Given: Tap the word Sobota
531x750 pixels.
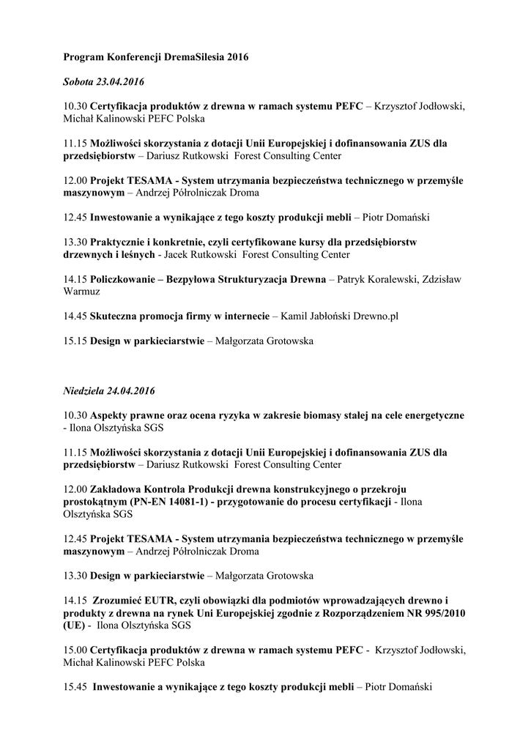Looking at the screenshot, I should pos(78,81).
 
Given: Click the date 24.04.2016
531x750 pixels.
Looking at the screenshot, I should pos(135,390).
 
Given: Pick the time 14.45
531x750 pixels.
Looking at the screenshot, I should pos(75,316).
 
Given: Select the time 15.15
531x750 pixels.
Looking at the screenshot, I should pos(75,341).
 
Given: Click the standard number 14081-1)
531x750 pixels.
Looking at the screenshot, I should pos(179,502).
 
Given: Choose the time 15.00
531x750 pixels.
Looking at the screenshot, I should pos(75,650).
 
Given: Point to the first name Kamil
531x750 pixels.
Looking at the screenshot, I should pos(292,316).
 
